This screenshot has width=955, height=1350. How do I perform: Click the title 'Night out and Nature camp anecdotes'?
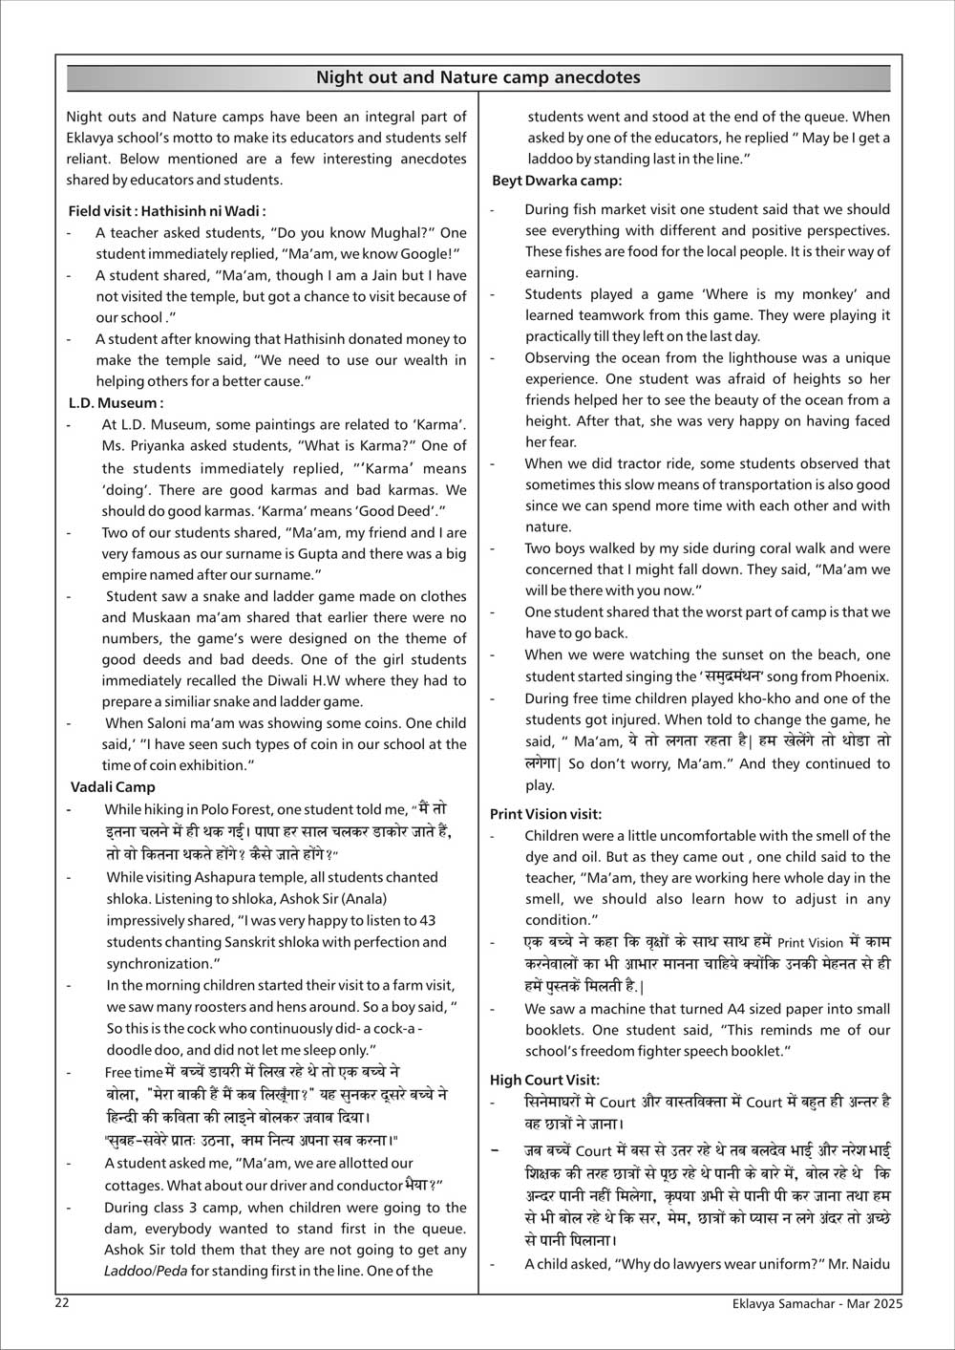[477, 77]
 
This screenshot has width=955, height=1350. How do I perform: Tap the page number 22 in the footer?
[62, 1303]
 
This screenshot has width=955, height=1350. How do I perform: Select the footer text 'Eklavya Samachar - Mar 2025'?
[814, 1303]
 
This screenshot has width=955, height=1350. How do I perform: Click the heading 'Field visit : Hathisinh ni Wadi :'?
[167, 211]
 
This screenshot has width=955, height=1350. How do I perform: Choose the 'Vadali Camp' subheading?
[113, 786]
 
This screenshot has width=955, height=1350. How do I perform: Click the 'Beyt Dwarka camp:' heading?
[557, 181]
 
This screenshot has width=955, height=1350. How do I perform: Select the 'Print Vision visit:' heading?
[545, 814]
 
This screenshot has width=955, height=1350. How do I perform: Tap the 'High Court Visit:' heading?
[544, 1080]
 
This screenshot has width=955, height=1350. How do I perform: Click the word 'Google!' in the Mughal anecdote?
[433, 254]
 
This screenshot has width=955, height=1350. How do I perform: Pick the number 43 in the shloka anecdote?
[427, 921]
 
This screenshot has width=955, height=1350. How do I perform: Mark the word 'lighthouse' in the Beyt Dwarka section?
[733, 358]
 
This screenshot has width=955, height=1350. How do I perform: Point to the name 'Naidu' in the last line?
[870, 1264]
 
